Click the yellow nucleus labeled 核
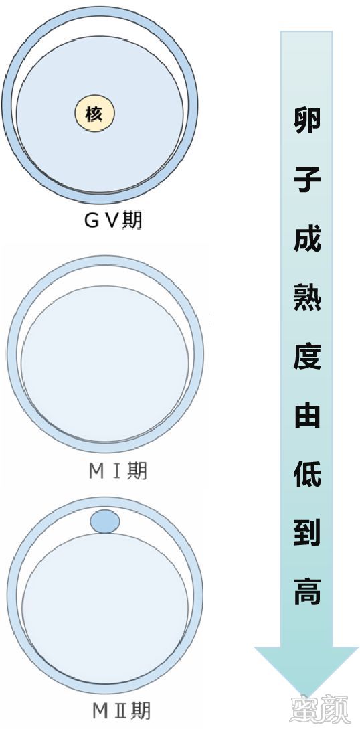(x=95, y=113)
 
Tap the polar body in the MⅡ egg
(x=105, y=521)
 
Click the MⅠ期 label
(x=118, y=471)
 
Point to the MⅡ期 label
(x=120, y=710)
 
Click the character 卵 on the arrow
(x=307, y=123)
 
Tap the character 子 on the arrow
(x=307, y=181)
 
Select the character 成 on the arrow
(x=307, y=239)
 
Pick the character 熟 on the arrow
(x=307, y=297)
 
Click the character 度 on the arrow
(x=307, y=356)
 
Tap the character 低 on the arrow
(x=307, y=473)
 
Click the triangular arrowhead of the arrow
(x=306, y=665)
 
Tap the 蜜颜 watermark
(x=320, y=710)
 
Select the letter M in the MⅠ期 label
(x=96, y=472)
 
